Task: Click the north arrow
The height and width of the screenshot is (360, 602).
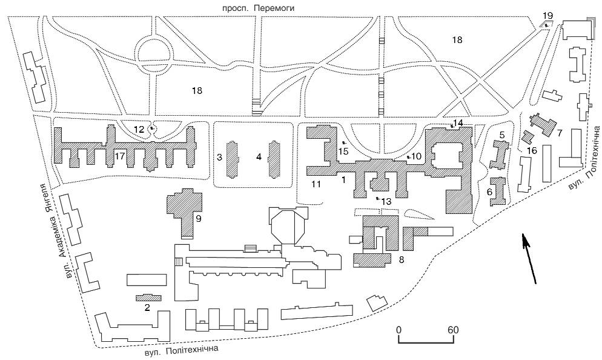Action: (x=529, y=259)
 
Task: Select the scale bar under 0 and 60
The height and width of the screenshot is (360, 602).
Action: (x=426, y=339)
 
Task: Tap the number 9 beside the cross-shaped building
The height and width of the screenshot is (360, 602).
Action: (x=198, y=219)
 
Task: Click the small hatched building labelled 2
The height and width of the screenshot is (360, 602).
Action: (x=148, y=298)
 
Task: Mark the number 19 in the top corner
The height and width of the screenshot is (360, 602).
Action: (x=548, y=16)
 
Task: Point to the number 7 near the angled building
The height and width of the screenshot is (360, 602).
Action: (x=560, y=133)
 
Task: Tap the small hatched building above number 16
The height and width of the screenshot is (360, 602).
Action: (x=529, y=137)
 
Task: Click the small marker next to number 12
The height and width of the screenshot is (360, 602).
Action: (x=152, y=128)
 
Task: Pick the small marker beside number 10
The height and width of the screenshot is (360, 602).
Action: (x=409, y=157)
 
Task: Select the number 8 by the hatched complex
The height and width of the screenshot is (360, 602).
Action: (x=402, y=259)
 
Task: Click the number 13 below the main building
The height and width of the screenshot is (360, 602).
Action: (x=386, y=201)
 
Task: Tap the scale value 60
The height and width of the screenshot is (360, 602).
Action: (x=454, y=330)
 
